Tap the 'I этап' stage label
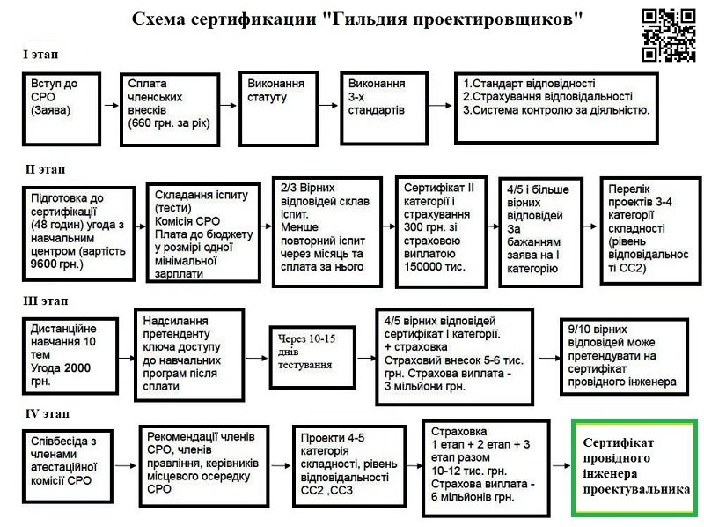point(39,54)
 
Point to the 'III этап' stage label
point(47,301)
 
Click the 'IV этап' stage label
point(46,413)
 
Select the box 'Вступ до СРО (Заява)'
point(58,104)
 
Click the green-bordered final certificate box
point(634,468)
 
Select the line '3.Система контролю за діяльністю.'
point(555,110)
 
